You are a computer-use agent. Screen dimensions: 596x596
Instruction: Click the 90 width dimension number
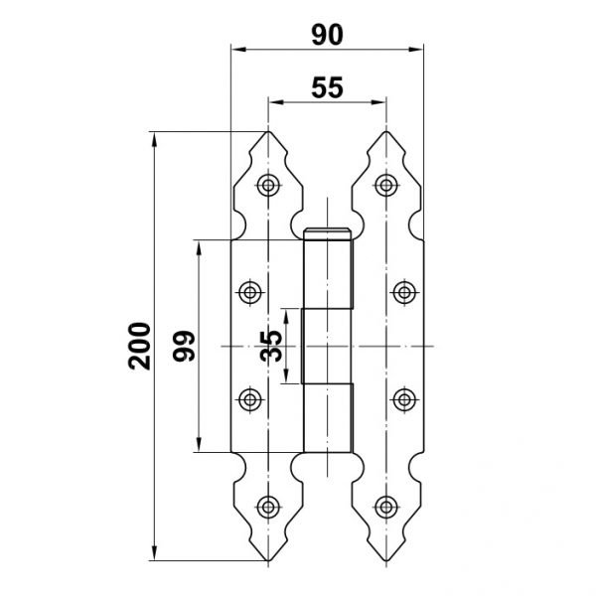[327, 35]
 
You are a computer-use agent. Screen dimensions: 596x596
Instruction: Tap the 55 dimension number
[327, 87]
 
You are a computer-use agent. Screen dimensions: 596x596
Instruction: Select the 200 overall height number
[139, 346]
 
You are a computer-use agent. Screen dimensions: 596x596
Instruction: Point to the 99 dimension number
[184, 346]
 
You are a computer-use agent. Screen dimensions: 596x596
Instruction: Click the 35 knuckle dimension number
[271, 346]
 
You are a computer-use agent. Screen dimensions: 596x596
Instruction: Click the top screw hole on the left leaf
[268, 186]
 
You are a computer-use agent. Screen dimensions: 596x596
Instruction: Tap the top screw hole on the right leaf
[386, 186]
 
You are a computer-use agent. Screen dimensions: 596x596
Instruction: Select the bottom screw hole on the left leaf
[268, 507]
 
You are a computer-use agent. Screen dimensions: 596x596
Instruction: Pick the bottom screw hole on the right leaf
[386, 507]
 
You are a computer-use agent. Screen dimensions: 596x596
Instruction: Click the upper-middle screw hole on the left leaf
[249, 293]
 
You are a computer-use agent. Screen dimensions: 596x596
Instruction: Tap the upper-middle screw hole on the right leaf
[404, 293]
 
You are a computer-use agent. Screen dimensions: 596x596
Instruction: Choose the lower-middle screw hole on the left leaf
[249, 399]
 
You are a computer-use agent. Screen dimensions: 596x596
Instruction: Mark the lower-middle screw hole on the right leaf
[404, 399]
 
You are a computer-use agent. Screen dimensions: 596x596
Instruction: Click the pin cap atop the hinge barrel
[327, 233]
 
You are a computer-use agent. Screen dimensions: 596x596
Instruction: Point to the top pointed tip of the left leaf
[268, 132]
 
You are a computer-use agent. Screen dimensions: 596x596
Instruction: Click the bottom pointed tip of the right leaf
[386, 560]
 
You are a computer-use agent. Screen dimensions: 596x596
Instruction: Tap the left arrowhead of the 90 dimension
[238, 50]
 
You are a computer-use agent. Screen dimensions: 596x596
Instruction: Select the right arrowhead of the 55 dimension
[378, 102]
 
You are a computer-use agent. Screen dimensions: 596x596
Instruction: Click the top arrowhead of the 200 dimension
[154, 139]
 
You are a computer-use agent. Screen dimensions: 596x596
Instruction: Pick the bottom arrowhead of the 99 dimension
[199, 444]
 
